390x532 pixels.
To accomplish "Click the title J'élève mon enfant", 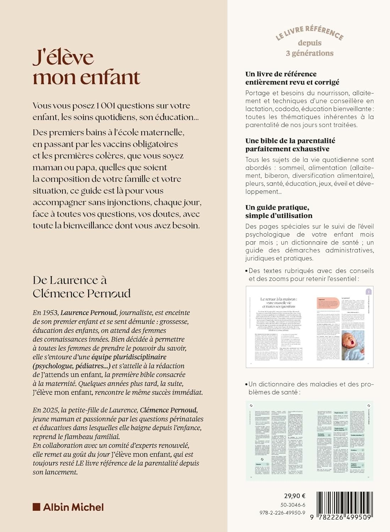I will click(86, 67).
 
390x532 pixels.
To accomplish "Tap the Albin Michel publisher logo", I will click(68, 507).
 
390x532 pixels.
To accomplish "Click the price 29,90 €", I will click(295, 496).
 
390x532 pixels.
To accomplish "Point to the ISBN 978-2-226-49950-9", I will click(282, 513).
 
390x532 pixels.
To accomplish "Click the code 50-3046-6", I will click(293, 505).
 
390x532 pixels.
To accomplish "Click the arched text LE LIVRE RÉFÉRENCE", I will click(309, 33).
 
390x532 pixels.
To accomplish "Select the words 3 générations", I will click(309, 53).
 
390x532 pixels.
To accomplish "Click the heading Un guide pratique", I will click(277, 207).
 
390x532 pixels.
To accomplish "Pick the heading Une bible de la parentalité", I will click(290, 141).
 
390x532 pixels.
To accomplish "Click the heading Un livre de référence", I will click(281, 74).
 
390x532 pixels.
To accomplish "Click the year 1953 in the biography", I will click(49, 313).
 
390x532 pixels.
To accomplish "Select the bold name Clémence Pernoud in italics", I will click(169, 410).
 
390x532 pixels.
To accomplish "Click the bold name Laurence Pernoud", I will click(88, 313).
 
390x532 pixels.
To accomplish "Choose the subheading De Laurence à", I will click(70, 280).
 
